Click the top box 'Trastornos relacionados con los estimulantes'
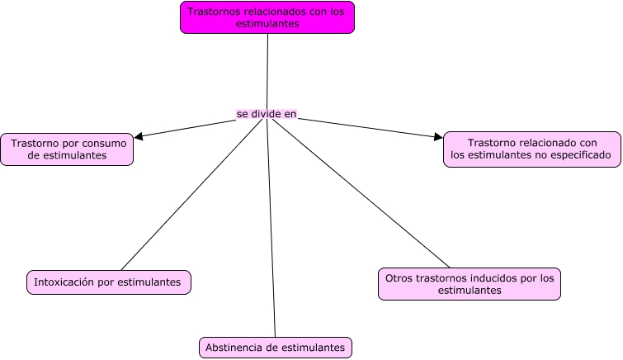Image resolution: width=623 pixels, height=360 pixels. pyautogui.click(x=267, y=17)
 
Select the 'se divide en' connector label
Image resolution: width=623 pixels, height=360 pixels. pyautogui.click(x=266, y=114)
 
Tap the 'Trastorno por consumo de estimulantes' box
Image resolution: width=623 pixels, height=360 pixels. pyautogui.click(x=67, y=149)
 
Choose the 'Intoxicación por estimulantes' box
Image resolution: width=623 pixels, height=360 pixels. pyautogui.click(x=108, y=282)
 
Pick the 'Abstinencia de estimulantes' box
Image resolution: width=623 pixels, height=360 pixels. pyautogui.click(x=275, y=348)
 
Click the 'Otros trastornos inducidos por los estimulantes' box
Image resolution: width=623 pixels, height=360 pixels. pyautogui.click(x=469, y=284)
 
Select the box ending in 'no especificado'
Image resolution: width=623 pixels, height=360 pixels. pyautogui.click(x=531, y=149)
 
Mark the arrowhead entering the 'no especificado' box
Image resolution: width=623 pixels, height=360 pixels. pyautogui.click(x=438, y=137)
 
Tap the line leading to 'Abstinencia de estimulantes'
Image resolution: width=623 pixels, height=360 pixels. pyautogui.click(x=271, y=231)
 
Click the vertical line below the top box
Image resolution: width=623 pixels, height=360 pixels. pyautogui.click(x=267, y=70)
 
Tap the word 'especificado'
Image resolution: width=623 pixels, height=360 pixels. pyautogui.click(x=578, y=154)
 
